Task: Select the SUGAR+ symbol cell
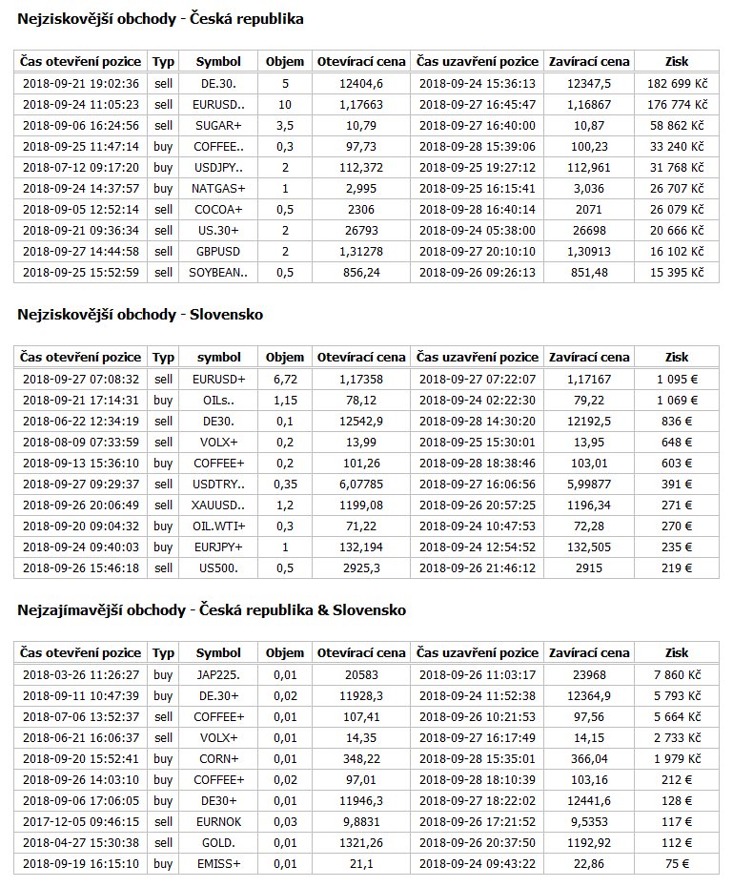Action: click(218, 125)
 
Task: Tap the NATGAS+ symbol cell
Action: click(218, 188)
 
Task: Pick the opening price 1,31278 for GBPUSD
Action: click(360, 251)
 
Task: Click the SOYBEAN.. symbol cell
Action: click(218, 272)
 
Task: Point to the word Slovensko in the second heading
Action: click(225, 314)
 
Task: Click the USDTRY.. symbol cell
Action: click(218, 484)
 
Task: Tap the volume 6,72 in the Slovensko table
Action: click(285, 379)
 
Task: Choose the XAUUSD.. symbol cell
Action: click(218, 505)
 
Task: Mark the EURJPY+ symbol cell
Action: click(218, 547)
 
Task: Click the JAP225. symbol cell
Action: click(218, 674)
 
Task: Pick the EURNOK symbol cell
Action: click(218, 821)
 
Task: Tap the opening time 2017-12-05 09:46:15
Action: click(81, 821)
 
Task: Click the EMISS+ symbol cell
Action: click(218, 863)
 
